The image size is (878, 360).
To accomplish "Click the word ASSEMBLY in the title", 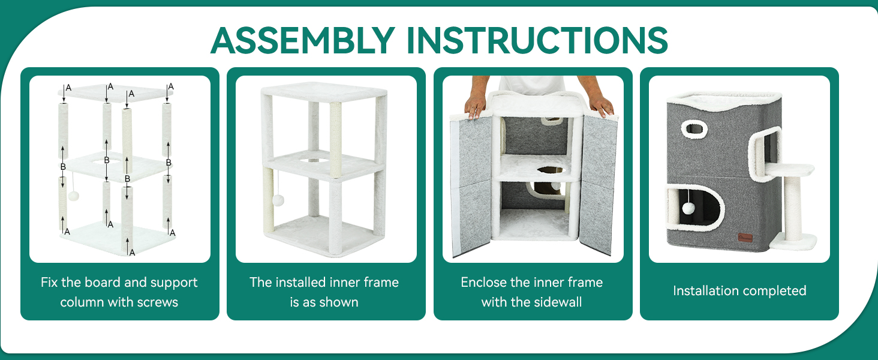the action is click(x=303, y=40).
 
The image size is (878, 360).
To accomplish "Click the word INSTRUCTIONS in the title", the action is click(x=537, y=40).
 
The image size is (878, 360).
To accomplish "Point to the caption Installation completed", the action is click(x=739, y=290).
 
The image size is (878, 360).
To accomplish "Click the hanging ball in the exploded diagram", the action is click(x=73, y=195).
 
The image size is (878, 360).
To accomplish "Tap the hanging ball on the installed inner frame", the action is click(x=278, y=200).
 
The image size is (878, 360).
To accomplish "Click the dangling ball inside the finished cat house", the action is click(x=688, y=208).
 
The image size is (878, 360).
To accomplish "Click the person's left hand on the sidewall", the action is click(x=476, y=106).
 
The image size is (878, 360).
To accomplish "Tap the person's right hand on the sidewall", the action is click(x=601, y=105).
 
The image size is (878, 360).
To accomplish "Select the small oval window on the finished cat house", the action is click(x=694, y=129).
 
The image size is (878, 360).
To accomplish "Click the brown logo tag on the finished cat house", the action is click(x=745, y=238).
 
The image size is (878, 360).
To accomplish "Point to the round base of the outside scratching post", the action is click(x=793, y=241).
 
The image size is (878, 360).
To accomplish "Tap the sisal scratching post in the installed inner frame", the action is click(x=335, y=140).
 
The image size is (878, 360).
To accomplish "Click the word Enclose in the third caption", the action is click(x=483, y=283).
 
